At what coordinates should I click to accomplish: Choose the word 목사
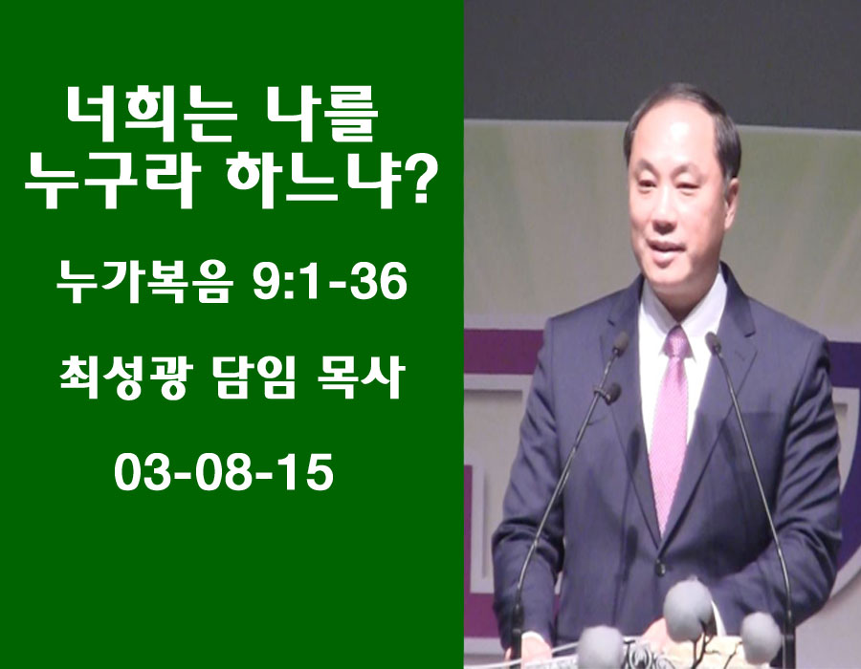tap(361, 378)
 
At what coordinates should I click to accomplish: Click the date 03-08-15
tap(224, 474)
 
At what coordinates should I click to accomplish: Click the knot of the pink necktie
tap(676, 343)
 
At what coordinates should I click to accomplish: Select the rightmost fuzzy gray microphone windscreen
tap(761, 637)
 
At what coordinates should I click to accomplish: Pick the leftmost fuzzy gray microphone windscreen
tap(602, 647)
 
